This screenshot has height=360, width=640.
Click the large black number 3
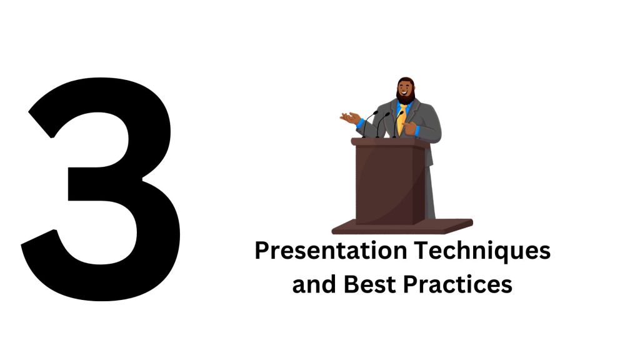tap(100, 187)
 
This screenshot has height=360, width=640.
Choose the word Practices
tap(457, 284)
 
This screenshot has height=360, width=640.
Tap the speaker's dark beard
tap(406, 99)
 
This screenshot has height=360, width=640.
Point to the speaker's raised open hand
tap(350, 116)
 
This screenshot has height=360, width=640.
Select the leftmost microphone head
tap(375, 112)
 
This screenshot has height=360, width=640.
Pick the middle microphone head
tap(386, 114)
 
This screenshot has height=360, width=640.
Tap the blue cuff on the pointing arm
tap(422, 132)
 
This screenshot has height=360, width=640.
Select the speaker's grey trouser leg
tap(430, 187)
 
